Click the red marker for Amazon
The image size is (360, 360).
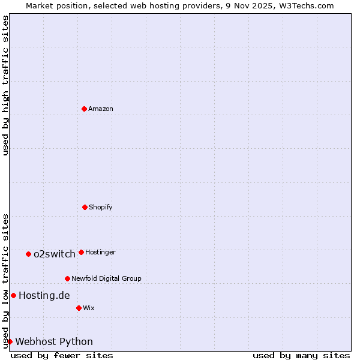tap(84, 109)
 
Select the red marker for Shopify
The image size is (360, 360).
tap(85, 207)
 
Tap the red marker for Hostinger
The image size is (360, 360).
tap(81, 252)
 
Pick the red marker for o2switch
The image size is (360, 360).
tap(28, 254)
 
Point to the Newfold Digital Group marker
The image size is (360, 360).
tap(67, 278)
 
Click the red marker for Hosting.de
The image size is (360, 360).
tap(13, 295)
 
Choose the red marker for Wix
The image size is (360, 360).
tap(79, 308)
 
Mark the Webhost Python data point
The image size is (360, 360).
tap(10, 341)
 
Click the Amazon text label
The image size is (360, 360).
tap(101, 109)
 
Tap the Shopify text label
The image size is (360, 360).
tap(101, 207)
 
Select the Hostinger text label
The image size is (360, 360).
tap(100, 252)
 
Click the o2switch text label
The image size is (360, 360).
tap(55, 254)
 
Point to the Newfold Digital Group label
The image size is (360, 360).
tap(106, 278)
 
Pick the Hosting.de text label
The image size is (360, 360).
tap(44, 295)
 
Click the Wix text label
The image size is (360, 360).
tap(89, 308)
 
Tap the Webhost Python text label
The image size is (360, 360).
tap(54, 341)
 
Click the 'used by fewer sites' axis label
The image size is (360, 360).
tap(62, 355)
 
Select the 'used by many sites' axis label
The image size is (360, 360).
tap(301, 355)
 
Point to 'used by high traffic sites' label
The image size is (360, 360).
tap(5, 85)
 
